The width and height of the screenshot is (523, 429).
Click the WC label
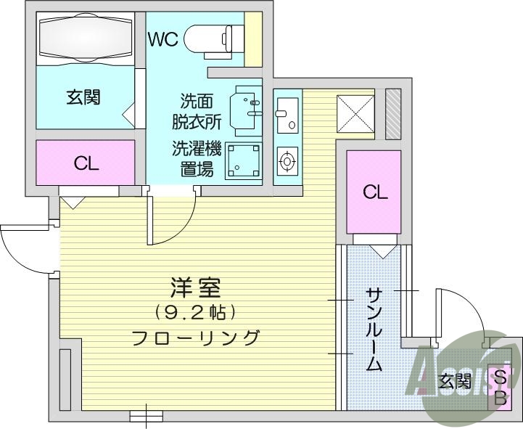[163, 39]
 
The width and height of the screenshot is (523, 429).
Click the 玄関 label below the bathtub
[83, 97]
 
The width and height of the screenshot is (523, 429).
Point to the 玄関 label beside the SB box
[455, 380]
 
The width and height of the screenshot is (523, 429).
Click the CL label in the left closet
[86, 164]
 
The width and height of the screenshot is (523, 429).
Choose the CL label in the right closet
[374, 192]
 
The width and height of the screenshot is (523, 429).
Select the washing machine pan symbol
[244, 161]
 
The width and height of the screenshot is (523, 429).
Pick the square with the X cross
[355, 114]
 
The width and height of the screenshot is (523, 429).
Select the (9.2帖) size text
[194, 312]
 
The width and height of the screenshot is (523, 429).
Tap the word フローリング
[195, 338]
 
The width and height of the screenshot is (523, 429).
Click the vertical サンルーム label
[373, 329]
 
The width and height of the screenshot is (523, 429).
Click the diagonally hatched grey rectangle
[392, 114]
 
